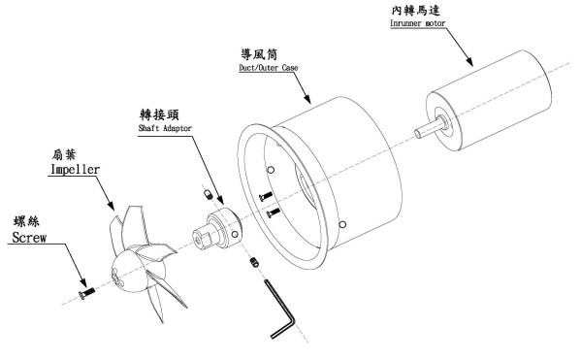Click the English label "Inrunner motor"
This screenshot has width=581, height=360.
click(417, 23)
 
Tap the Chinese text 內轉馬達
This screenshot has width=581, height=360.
click(416, 10)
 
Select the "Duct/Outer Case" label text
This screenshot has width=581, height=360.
click(269, 68)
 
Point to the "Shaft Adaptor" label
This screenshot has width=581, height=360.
click(165, 128)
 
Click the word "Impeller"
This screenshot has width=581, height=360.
click(75, 170)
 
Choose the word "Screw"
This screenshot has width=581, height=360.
click(29, 238)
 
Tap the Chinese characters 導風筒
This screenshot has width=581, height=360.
click(259, 54)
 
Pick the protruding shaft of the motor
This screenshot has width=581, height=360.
click(429, 128)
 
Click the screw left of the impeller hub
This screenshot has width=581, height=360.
click(86, 293)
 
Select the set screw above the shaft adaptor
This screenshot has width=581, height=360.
click(209, 194)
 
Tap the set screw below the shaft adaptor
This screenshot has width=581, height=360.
click(254, 262)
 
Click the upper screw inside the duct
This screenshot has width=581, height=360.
click(266, 196)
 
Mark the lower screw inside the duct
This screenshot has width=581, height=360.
click(274, 213)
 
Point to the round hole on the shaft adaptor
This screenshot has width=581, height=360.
click(235, 234)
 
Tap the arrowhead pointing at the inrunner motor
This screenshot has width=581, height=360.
click(469, 61)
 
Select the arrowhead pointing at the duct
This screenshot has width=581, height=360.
click(307, 98)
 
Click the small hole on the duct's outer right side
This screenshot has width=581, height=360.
click(342, 224)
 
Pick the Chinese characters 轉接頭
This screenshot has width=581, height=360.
click(159, 115)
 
